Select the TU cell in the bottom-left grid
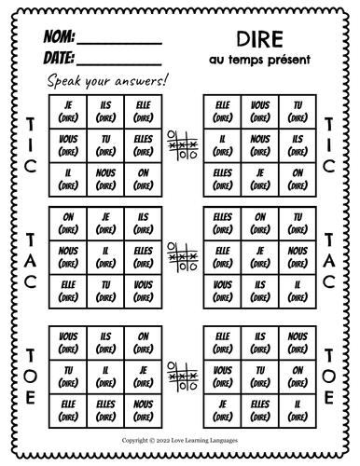67,376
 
